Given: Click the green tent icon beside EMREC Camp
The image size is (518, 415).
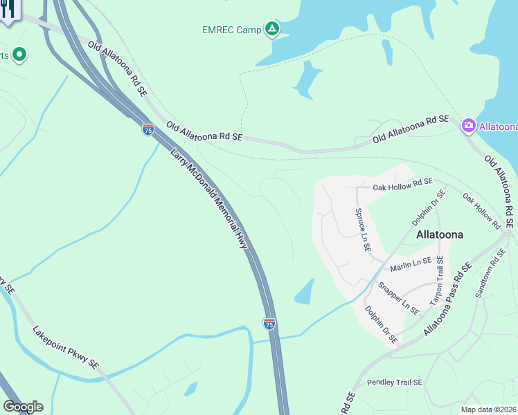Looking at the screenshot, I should point(273,28).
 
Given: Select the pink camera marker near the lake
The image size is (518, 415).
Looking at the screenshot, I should point(468,125).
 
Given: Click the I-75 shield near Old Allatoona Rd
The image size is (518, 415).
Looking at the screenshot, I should point(148,129).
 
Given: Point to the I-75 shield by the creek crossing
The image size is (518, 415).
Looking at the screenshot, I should point(269,323).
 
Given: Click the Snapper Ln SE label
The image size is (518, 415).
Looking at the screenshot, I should point(398,298).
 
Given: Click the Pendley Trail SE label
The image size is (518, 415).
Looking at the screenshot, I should point(394,382).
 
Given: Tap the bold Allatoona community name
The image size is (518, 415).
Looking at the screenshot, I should point(440,234).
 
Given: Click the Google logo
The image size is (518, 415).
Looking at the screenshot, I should point(23,407).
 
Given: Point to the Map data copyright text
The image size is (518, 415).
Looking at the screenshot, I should point(489,409).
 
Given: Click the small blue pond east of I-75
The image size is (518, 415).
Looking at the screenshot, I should point(304,293).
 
